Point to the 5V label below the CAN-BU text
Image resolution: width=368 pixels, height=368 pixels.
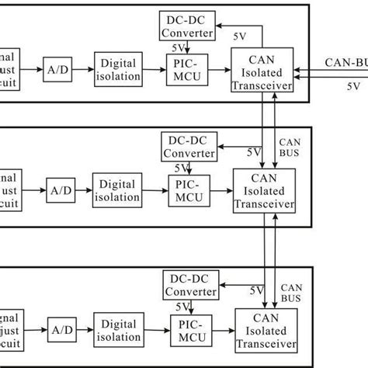point(354,87)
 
